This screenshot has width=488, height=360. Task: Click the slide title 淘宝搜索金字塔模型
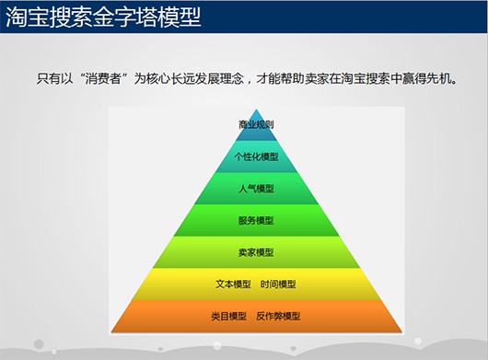click(103, 17)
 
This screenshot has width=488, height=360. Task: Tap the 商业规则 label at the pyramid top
click(256, 125)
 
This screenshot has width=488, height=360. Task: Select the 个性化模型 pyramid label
click(256, 157)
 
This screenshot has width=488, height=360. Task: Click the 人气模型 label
click(256, 189)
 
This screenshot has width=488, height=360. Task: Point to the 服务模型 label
click(256, 221)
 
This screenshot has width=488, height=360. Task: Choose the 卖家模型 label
click(256, 252)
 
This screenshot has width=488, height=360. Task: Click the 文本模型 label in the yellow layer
click(234, 285)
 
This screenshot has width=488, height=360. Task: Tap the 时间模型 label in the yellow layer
click(278, 285)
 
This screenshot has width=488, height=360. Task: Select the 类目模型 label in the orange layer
click(228, 316)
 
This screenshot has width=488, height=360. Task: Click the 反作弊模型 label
click(278, 316)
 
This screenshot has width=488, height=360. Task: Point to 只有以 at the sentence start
click(54, 78)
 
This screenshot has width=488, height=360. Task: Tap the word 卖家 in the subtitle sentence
click(317, 78)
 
